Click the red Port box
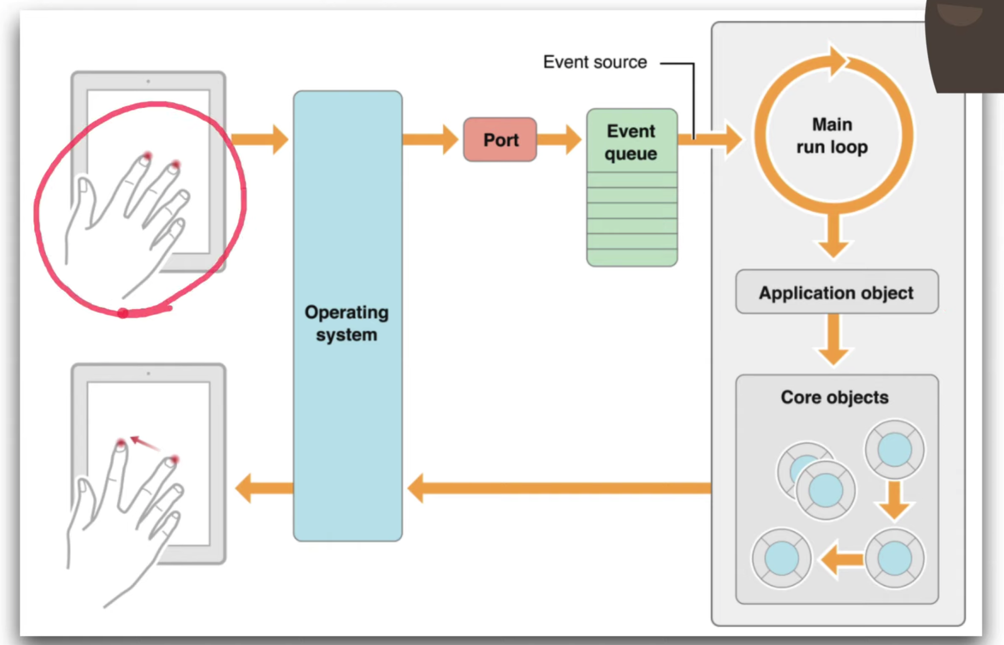(500, 139)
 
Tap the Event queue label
(631, 142)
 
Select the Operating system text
(346, 324)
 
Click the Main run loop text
(832, 136)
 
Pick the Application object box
(837, 292)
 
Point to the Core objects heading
(834, 397)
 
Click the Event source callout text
(595, 62)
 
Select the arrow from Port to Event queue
(560, 139)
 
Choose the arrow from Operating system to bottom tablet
(264, 488)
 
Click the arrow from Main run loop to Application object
(833, 235)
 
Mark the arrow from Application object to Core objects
(833, 340)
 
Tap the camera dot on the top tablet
(148, 81)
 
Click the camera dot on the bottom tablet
(148, 374)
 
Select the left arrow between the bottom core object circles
(842, 559)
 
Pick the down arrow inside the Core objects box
(894, 501)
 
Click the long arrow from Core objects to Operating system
(560, 488)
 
